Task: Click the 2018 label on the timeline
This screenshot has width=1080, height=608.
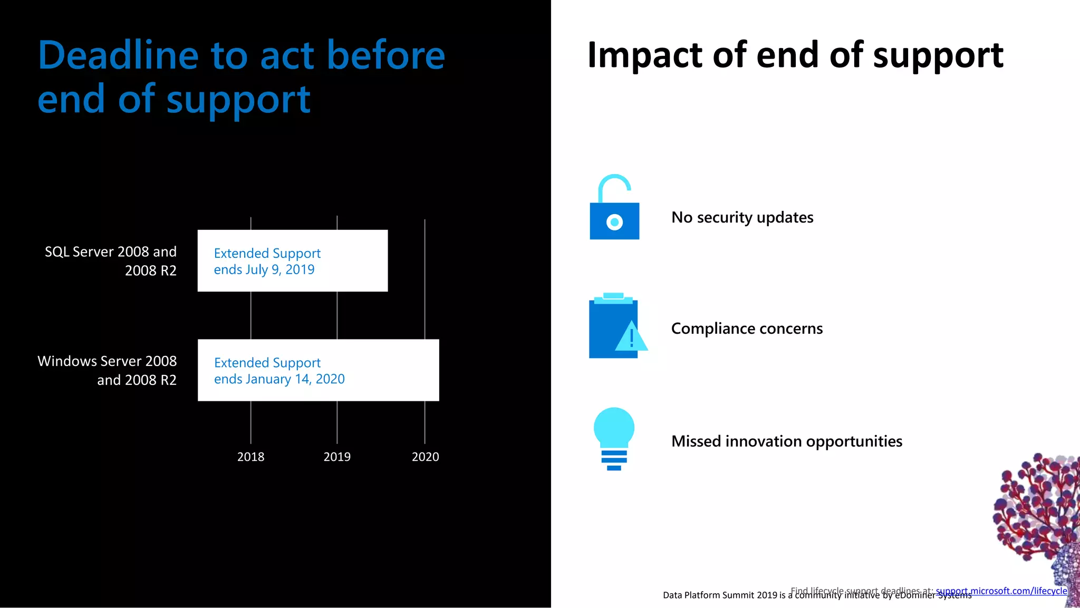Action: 250,457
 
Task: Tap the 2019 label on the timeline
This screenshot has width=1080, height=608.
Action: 337,457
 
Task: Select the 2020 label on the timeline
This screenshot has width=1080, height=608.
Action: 425,457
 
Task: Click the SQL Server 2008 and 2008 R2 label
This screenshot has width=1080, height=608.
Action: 111,261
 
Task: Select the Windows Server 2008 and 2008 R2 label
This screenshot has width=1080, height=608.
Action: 108,370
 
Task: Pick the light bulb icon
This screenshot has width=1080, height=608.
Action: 614,438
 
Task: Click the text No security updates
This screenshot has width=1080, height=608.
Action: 742,217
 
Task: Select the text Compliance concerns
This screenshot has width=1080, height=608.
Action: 746,329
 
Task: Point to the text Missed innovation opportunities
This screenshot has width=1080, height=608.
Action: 786,441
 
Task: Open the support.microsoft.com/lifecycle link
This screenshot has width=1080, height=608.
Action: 1001,591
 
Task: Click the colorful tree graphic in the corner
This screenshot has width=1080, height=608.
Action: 1036,512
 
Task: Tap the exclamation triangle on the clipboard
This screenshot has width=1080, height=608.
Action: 631,337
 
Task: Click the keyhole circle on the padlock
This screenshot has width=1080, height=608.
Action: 614,222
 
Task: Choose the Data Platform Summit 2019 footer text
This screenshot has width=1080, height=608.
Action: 724,595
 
